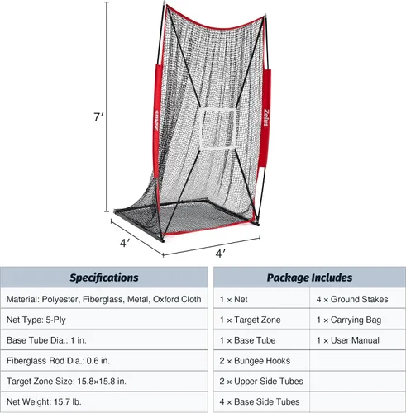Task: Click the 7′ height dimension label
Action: click(x=98, y=117)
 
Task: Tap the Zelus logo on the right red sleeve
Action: click(x=265, y=117)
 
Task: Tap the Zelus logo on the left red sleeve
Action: click(x=156, y=121)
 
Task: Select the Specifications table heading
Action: click(x=104, y=278)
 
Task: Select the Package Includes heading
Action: click(x=309, y=278)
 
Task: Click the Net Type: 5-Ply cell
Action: click(x=104, y=320)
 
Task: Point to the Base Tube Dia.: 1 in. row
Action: click(x=104, y=340)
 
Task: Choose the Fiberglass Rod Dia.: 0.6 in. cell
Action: click(x=104, y=361)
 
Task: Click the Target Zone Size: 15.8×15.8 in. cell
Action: click(x=104, y=382)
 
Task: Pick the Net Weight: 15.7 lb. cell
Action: click(x=104, y=401)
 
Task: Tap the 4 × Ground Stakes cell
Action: click(x=357, y=299)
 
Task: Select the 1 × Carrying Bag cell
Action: click(x=357, y=320)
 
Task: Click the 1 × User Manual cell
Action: click(x=357, y=340)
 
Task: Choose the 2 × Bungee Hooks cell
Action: click(x=261, y=361)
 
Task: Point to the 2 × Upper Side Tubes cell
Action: click(x=261, y=382)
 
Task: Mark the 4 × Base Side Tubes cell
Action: click(x=261, y=401)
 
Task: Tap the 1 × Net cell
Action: click(x=261, y=299)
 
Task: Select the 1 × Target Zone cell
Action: click(x=261, y=320)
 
